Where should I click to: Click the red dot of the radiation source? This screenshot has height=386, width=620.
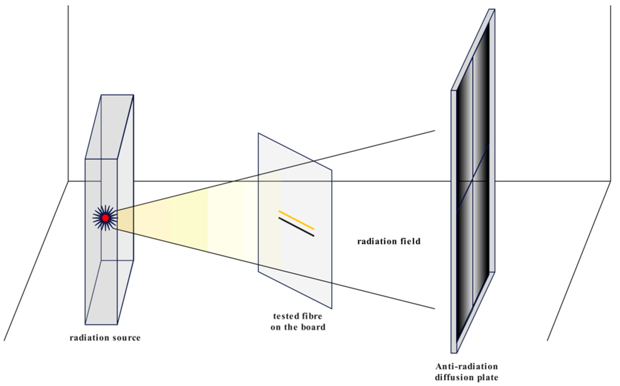(x=105, y=218)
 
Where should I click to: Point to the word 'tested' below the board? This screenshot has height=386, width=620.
(x=284, y=316)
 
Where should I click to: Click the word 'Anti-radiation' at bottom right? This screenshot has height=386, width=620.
(x=467, y=367)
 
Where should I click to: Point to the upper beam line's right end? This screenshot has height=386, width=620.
(x=434, y=131)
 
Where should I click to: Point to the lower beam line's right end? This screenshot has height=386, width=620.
(x=434, y=309)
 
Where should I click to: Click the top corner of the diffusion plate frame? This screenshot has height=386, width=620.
(x=492, y=10)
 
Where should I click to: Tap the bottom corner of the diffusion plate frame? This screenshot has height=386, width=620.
(x=454, y=353)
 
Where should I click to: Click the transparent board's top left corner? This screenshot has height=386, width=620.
(x=258, y=133)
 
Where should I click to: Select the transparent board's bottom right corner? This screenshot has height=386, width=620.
(x=332, y=308)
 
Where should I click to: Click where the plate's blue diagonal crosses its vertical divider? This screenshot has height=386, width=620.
(x=473, y=180)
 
